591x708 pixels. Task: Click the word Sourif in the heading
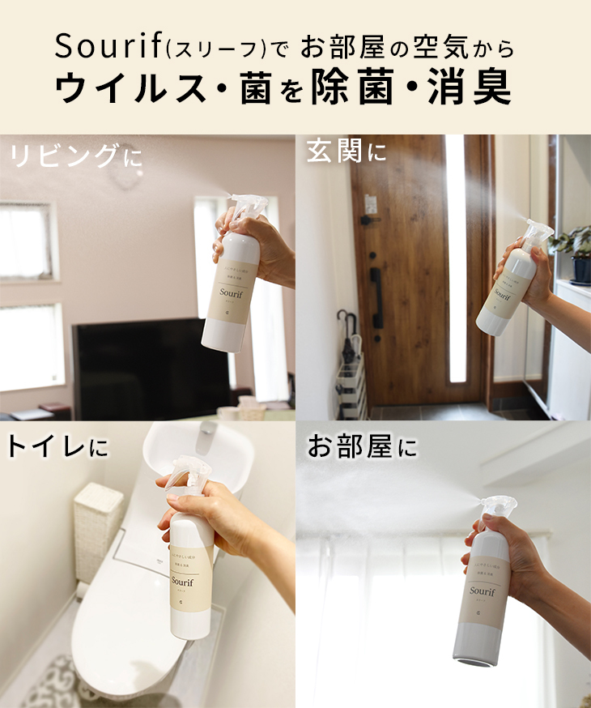coord(107,47)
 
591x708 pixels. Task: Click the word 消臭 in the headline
coord(479,88)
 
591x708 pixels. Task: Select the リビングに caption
coord(74,156)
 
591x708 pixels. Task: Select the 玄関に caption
coord(347,151)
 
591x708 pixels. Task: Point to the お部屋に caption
coord(362,446)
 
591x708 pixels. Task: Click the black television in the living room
coord(146,369)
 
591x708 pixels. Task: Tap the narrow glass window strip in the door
coord(456,259)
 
